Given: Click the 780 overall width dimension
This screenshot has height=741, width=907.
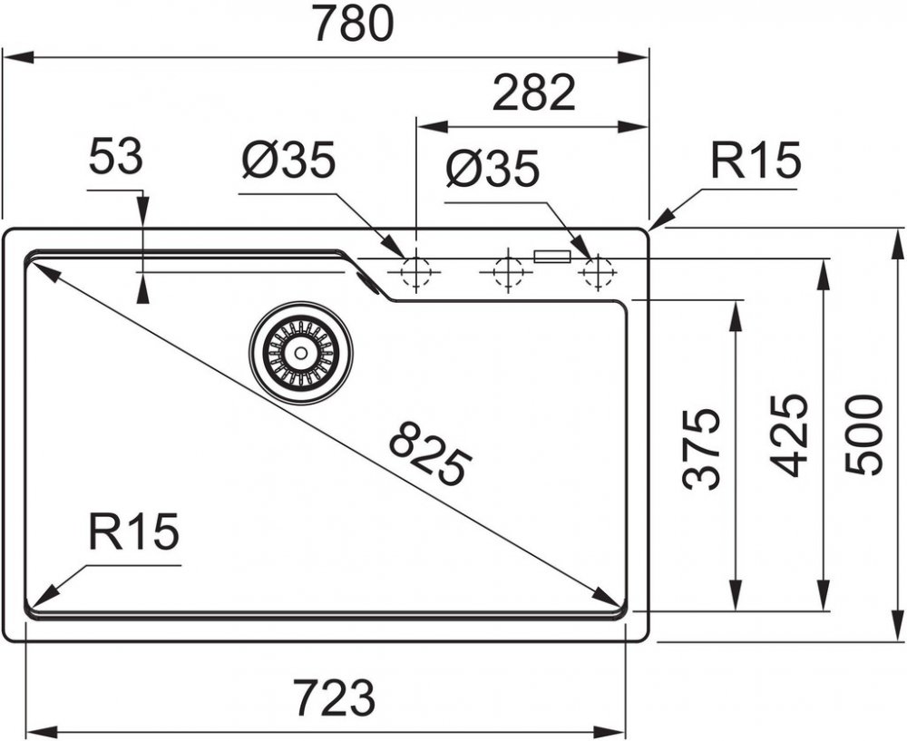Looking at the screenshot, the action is [x=354, y=24].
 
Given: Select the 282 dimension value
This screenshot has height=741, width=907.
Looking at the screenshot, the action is [x=534, y=93].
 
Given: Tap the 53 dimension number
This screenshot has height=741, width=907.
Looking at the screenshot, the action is [x=116, y=156].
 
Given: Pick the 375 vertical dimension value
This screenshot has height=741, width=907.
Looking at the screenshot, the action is [x=702, y=450].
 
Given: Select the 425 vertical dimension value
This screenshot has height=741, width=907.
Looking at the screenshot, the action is [x=788, y=435].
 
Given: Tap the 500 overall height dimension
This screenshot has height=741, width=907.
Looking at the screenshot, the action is [x=863, y=435].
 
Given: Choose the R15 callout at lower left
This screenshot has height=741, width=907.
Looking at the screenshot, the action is [x=133, y=531].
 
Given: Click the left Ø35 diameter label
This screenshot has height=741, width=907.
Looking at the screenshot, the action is [x=288, y=159].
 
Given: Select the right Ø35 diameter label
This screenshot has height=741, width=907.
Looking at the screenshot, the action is [x=493, y=169].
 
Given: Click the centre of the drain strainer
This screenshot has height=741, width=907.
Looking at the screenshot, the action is [x=301, y=352].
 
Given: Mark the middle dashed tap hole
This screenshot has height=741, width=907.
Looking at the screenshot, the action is [x=508, y=270].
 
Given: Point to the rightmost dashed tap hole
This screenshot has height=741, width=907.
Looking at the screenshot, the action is [x=598, y=271].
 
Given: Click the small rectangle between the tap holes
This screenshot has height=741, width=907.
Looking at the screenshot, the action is [x=551, y=257].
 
